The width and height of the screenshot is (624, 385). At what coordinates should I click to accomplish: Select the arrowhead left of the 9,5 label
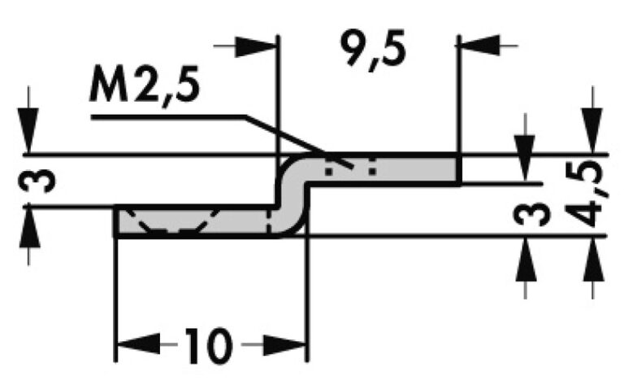tap(260, 46)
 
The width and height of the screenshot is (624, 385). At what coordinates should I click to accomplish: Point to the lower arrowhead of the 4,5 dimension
tap(594, 253)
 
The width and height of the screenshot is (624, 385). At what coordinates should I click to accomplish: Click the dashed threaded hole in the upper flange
tap(350, 169)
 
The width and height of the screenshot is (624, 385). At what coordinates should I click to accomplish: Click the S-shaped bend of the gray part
tap(293, 195)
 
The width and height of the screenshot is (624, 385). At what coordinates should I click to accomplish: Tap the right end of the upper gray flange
tap(457, 169)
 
